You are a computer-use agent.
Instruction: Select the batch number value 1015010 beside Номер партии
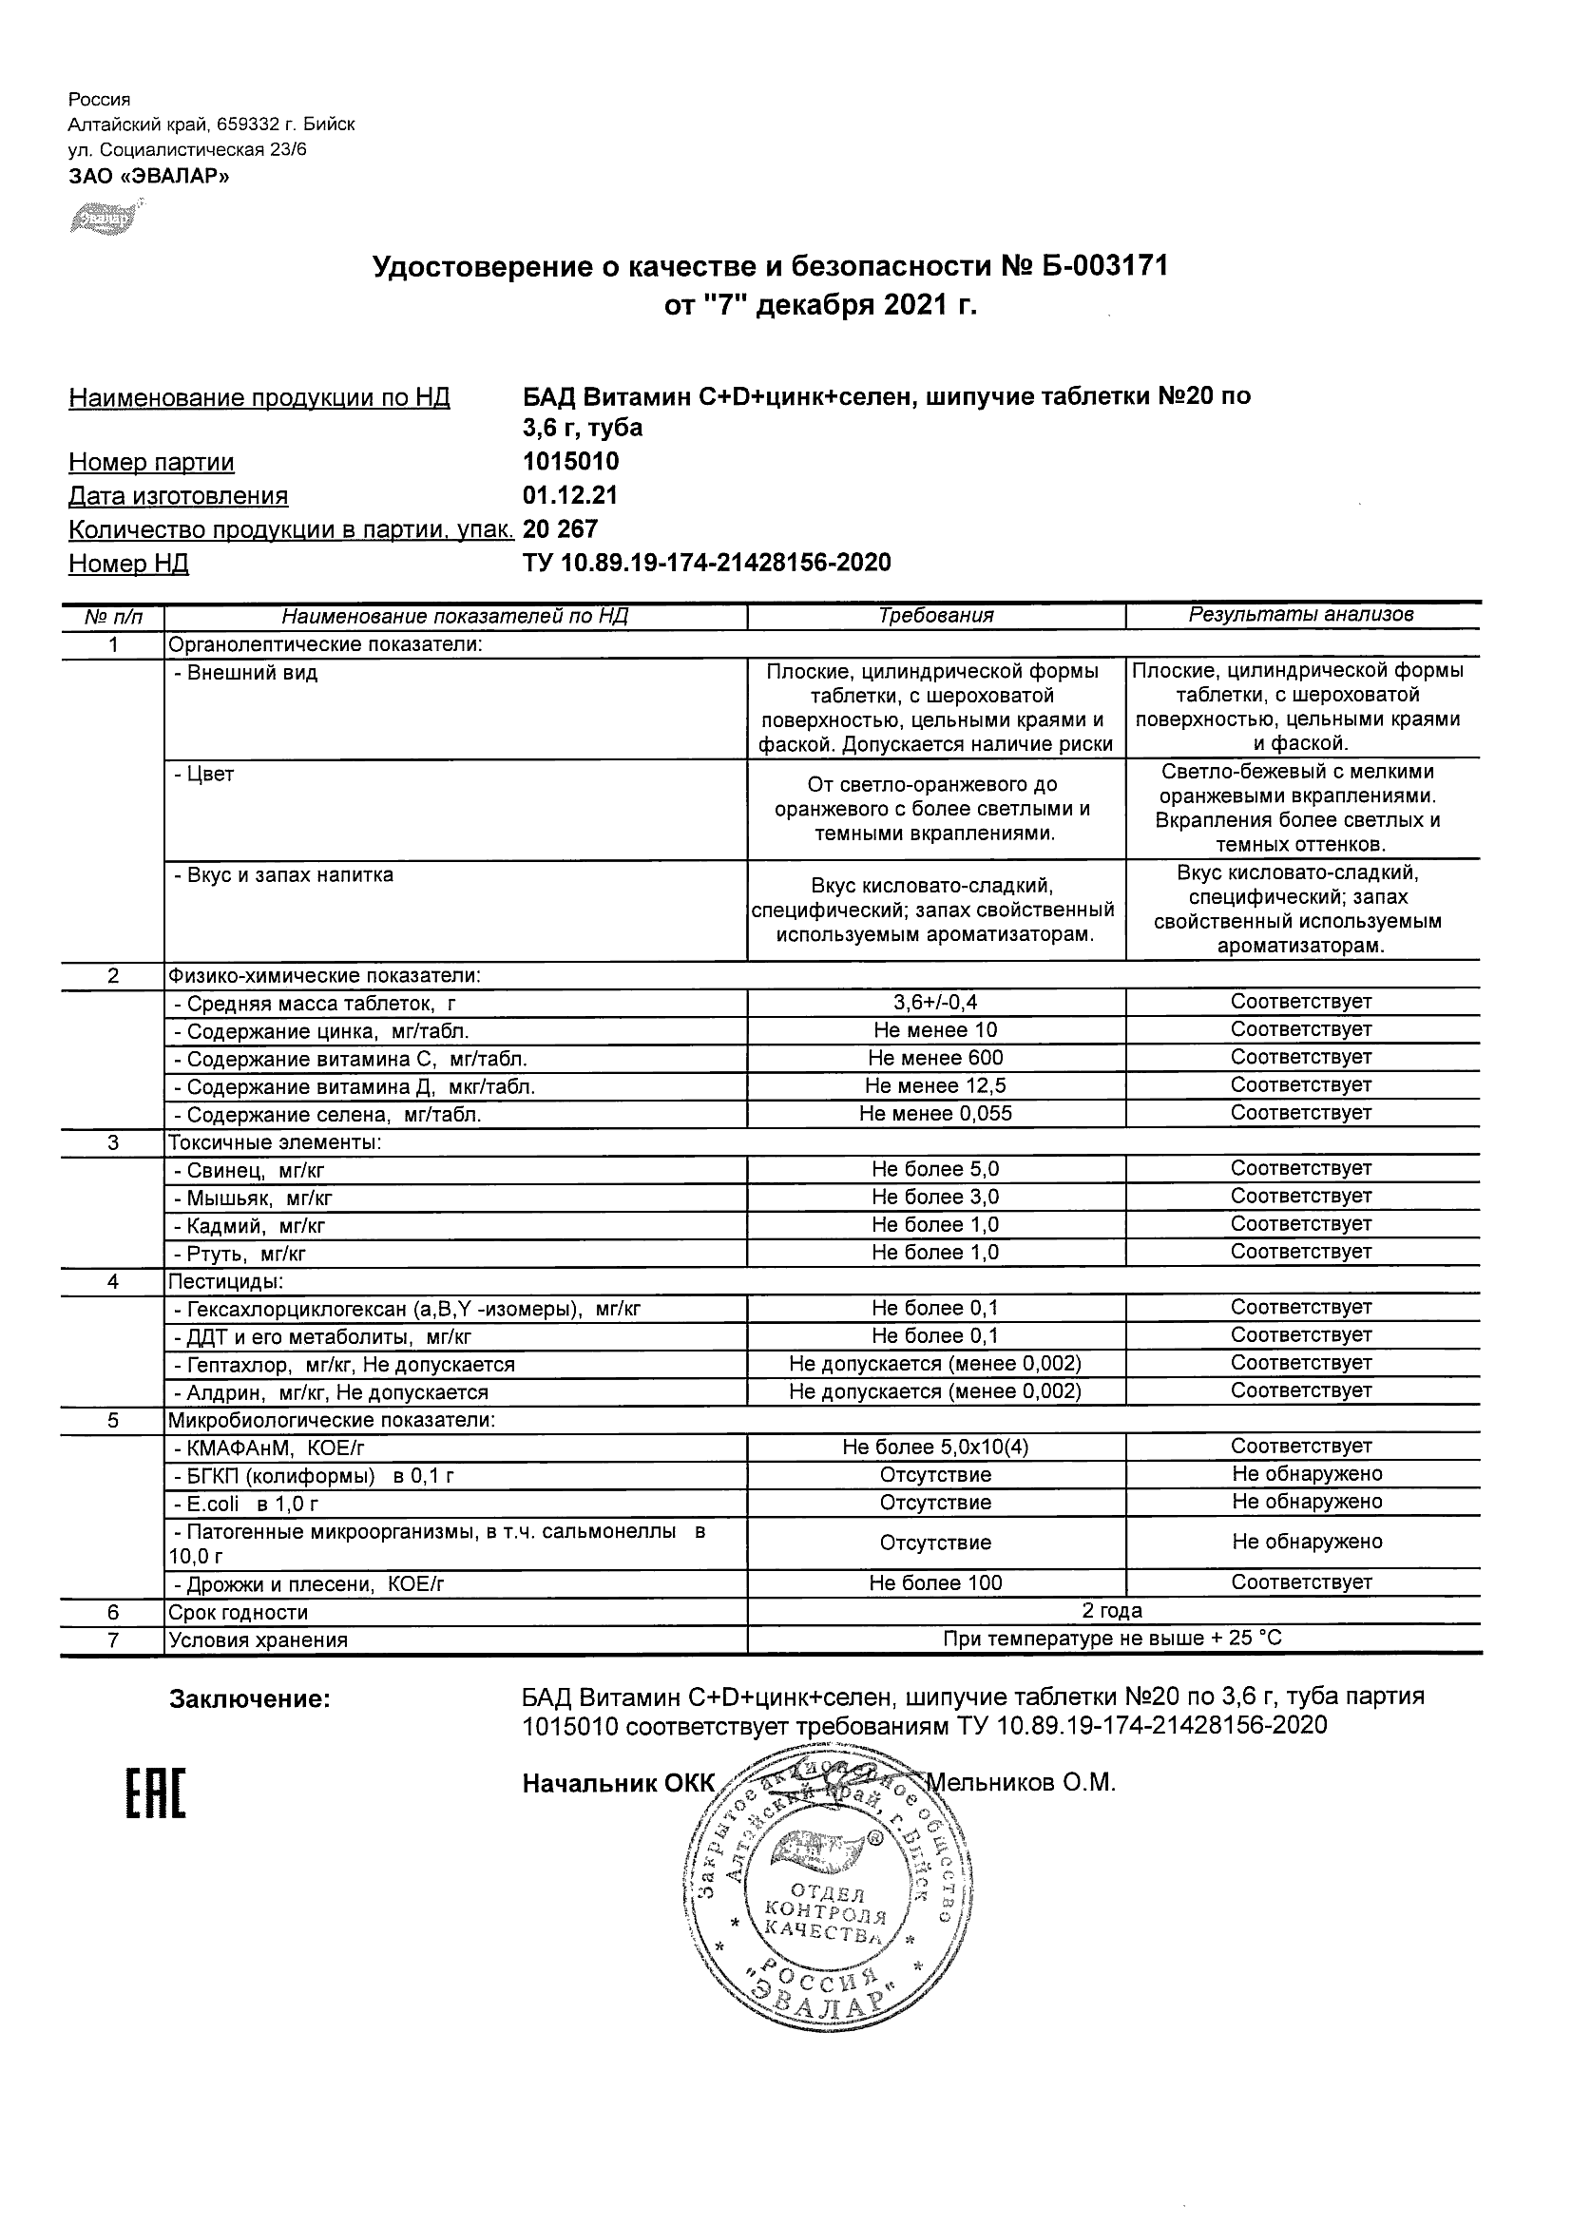[570, 461]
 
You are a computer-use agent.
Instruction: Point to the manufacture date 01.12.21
[569, 495]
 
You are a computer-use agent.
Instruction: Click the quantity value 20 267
[560, 528]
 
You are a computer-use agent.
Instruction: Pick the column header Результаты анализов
[1301, 614]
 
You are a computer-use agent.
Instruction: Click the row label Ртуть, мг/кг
[239, 1254]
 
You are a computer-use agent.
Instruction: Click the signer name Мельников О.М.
[1022, 1782]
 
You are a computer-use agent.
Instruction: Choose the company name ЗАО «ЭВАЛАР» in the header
[148, 175]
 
